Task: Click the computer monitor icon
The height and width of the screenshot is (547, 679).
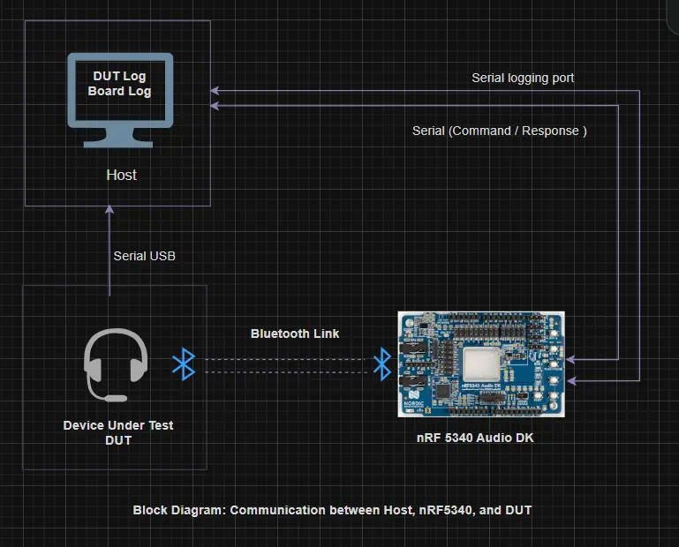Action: [x=120, y=99]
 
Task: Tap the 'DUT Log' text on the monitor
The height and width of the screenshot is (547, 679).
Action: [x=119, y=77]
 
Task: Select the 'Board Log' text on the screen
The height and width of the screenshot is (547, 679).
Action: [x=119, y=91]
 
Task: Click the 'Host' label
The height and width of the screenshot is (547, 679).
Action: [x=121, y=175]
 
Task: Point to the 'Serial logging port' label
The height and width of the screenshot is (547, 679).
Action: [x=523, y=78]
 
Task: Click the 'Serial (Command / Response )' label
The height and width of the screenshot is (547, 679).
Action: [x=500, y=131]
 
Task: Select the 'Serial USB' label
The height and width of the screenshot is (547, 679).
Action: [x=144, y=256]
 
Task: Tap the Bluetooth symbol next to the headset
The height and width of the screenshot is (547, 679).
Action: [x=183, y=364]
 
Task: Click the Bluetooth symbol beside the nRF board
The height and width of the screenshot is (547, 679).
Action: [x=381, y=363]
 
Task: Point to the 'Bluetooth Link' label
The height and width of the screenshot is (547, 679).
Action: [x=295, y=333]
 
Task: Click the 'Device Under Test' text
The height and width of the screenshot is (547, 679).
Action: [x=118, y=425]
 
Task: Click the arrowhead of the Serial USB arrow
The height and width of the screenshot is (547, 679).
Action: [x=109, y=211]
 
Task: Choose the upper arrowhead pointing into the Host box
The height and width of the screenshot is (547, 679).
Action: [x=215, y=90]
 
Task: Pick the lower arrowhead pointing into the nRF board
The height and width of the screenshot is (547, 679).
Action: [x=570, y=381]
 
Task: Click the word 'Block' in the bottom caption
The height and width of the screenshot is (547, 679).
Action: [x=151, y=510]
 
